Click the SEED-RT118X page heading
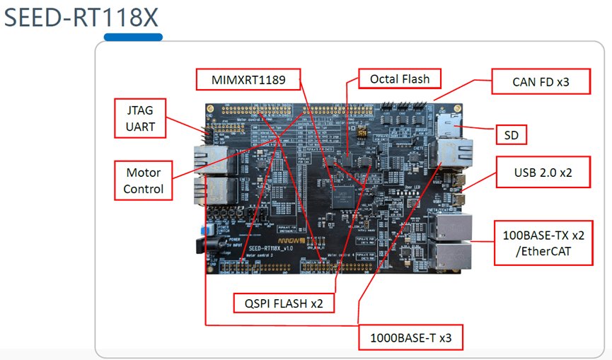(82, 17)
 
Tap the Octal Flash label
(400, 79)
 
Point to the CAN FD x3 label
(541, 82)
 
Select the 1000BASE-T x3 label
(410, 338)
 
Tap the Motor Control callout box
(143, 180)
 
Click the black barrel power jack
(200, 245)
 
